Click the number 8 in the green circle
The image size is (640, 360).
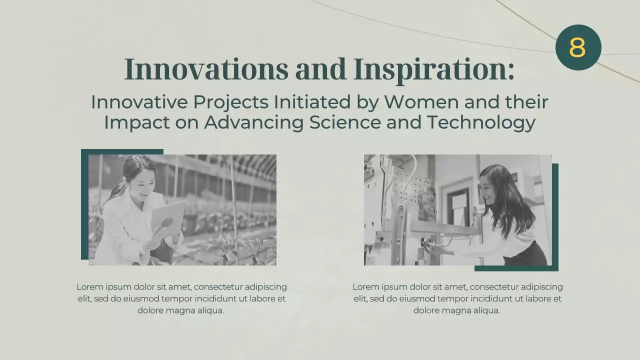tap(577, 47)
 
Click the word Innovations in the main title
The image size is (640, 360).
tap(205, 69)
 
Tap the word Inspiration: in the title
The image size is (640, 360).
tap(433, 69)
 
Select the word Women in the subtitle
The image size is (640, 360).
tap(421, 102)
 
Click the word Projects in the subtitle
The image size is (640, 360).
tap(230, 102)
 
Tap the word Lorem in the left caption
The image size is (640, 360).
tap(89, 287)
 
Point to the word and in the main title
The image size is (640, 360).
tap(320, 69)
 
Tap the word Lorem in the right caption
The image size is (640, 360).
tap(365, 287)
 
